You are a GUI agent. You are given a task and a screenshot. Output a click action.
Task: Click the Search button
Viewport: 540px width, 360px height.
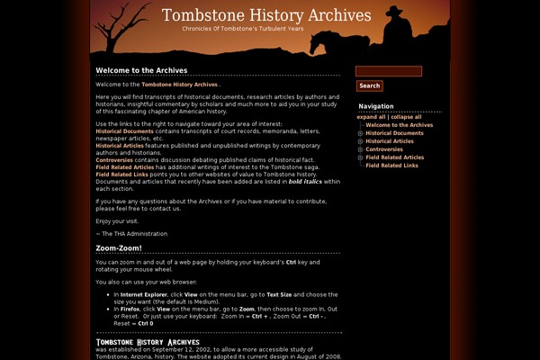point(369,86)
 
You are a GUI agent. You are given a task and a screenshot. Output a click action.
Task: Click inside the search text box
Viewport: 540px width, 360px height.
point(389,72)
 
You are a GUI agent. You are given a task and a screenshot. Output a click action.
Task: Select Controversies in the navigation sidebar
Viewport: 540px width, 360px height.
point(384,149)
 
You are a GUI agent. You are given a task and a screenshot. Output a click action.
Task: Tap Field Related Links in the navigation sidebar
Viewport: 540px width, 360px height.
point(391,166)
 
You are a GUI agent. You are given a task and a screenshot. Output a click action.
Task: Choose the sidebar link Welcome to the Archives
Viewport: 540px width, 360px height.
point(399,125)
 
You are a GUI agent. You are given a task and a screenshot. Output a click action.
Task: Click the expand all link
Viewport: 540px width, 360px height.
point(371,117)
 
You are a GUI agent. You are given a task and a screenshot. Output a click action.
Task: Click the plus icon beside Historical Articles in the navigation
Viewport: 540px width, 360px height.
point(360,141)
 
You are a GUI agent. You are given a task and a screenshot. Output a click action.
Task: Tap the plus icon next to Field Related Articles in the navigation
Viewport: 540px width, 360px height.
point(360,157)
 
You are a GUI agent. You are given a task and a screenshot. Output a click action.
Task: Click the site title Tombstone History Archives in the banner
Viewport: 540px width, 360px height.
point(266,15)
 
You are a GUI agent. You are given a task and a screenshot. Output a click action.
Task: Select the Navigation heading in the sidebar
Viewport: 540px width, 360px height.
point(375,106)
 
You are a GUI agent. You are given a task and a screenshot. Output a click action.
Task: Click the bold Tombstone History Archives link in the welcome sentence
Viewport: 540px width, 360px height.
point(179,85)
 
